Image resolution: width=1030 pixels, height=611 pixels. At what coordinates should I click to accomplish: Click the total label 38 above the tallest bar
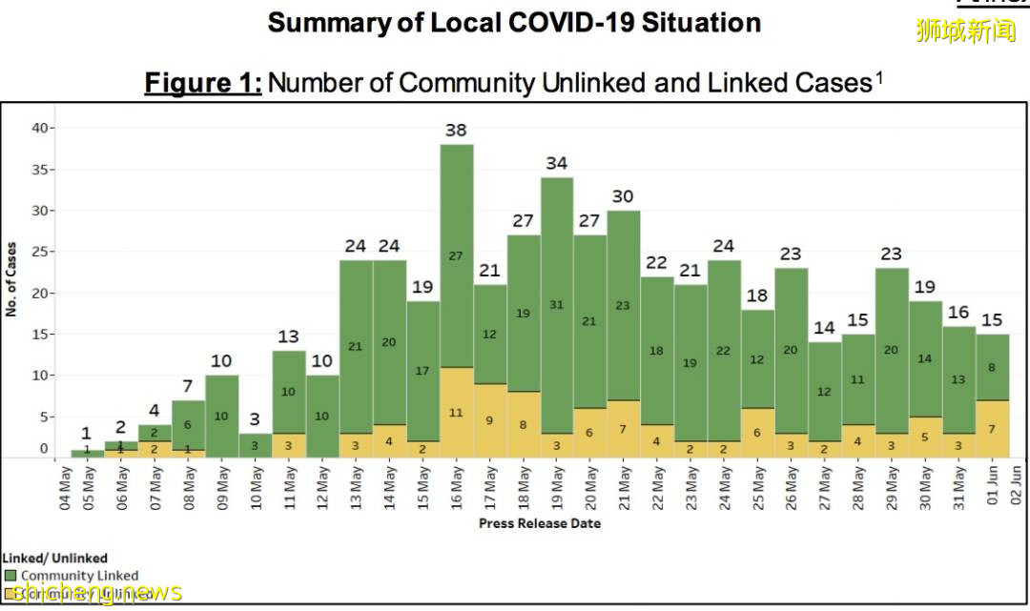456,130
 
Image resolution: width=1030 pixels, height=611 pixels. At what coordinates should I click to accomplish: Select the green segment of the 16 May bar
456,255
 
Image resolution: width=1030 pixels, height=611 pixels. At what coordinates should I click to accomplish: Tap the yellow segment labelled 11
456,413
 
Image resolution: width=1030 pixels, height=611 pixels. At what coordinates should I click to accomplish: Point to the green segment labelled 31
557,305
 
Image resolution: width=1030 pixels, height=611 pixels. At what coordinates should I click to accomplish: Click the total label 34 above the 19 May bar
557,163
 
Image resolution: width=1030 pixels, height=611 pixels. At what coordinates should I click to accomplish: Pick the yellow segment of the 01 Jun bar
993,429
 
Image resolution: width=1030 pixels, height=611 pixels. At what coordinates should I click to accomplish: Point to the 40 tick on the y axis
37,128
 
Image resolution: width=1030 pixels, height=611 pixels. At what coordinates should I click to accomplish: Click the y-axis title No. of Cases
12,279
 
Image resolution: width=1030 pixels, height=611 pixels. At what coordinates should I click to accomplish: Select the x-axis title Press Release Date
539,523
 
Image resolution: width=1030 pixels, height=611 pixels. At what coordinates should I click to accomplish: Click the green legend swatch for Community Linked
10,576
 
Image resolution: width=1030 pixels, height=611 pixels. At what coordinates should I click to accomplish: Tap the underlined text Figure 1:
203,83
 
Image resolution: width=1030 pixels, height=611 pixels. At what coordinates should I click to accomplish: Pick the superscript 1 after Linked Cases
878,76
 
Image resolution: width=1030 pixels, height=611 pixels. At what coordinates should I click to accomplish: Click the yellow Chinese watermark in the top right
966,31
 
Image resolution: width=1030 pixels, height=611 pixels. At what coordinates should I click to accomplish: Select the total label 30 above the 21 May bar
623,196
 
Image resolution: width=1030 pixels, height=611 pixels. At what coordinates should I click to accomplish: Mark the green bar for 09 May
220,417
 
